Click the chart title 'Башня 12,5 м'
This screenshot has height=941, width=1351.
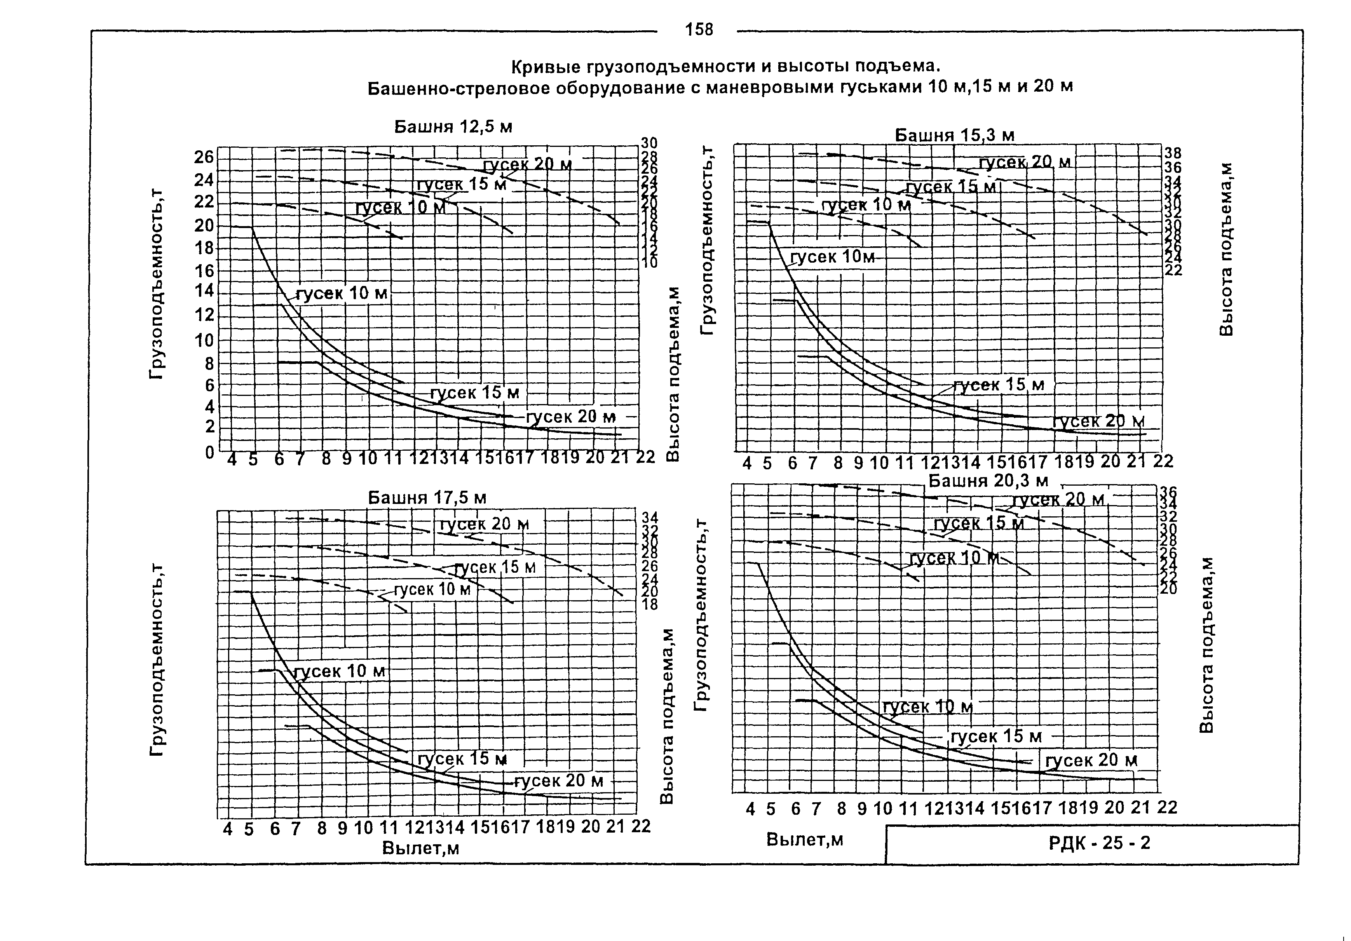pyautogui.click(x=453, y=127)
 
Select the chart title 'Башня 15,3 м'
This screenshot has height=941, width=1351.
pyautogui.click(x=954, y=135)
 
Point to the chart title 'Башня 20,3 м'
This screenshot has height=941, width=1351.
pyautogui.click(x=988, y=481)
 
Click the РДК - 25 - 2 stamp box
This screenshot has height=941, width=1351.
pyautogui.click(x=1098, y=843)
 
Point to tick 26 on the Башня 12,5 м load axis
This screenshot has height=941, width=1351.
pyautogui.click(x=204, y=157)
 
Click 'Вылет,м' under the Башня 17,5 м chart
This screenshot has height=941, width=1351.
pyautogui.click(x=421, y=848)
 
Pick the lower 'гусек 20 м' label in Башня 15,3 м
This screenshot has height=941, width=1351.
pyautogui.click(x=1098, y=422)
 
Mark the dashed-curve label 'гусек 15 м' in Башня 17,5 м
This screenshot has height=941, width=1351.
pyautogui.click(x=495, y=567)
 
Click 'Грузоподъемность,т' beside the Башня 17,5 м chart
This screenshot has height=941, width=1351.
pyautogui.click(x=158, y=659)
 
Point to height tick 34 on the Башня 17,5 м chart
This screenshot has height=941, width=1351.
pyautogui.click(x=650, y=518)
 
